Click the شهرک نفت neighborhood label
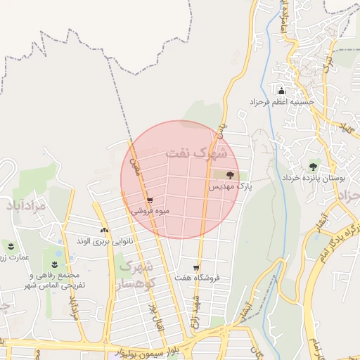click(196, 152)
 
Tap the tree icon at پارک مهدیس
click(231, 174)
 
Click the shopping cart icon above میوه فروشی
click(149, 200)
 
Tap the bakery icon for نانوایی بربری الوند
click(104, 230)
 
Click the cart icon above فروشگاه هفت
click(196, 268)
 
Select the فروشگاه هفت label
click(198, 278)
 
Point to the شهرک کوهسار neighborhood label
click(135, 275)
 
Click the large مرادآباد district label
click(25, 207)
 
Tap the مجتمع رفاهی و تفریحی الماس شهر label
click(53, 280)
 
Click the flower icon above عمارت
click(11, 245)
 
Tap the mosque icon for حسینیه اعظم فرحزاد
click(282, 91)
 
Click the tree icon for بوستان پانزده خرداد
click(313, 167)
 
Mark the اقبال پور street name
click(154, 313)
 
